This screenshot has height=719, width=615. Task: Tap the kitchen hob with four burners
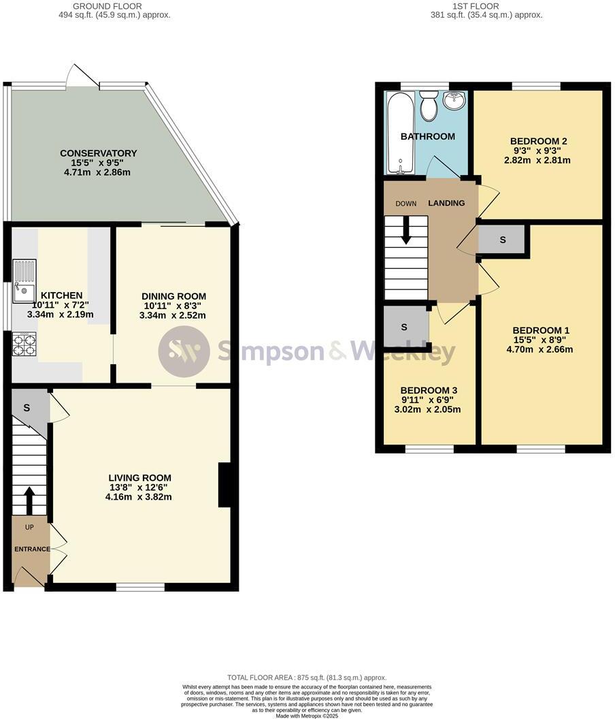tap(24, 345)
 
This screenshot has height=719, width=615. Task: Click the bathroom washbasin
tap(454, 101)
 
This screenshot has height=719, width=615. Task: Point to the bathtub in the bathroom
tap(396, 133)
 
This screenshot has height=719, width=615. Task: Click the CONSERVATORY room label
tap(98, 153)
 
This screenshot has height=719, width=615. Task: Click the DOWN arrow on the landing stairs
tap(406, 229)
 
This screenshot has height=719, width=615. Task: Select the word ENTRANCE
tap(31, 549)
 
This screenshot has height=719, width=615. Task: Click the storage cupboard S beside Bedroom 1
tap(503, 240)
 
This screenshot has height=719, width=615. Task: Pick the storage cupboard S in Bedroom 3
tap(404, 327)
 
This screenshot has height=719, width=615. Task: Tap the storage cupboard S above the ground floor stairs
tap(27, 408)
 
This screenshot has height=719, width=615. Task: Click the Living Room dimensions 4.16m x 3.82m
tap(138, 497)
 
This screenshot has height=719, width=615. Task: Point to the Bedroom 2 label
tap(538, 141)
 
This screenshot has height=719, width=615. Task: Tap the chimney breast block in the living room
tap(224, 485)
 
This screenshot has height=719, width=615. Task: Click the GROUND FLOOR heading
tap(114, 6)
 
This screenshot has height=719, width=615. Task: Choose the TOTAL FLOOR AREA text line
tap(307, 677)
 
